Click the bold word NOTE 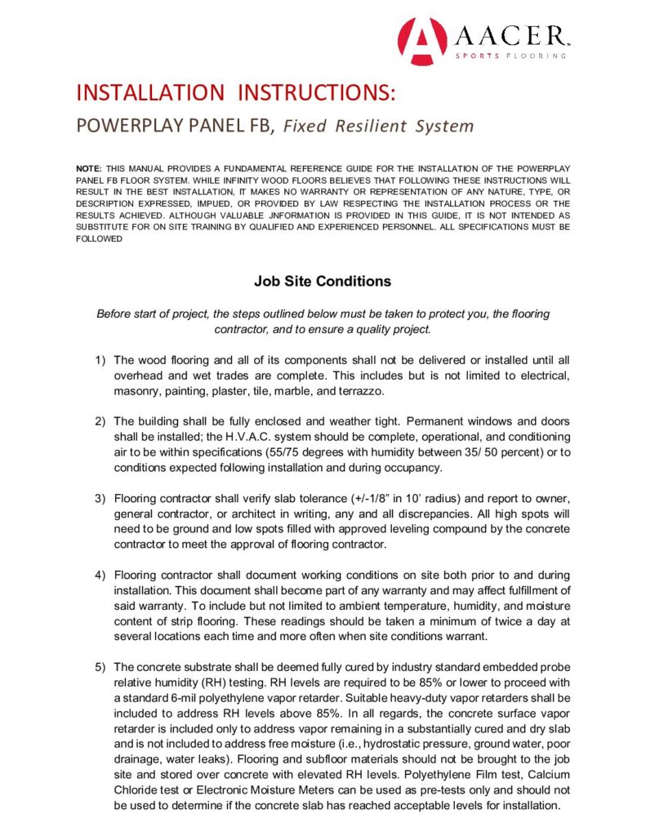89,167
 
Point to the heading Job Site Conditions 322,282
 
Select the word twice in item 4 482,620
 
